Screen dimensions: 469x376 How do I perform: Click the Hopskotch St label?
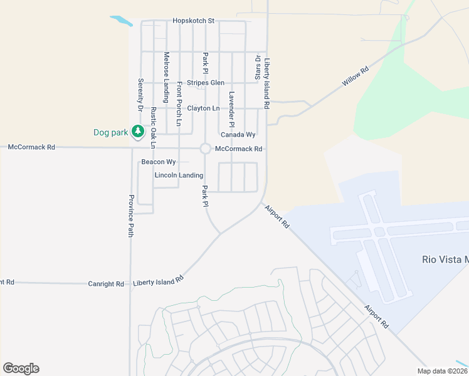[x=193, y=21]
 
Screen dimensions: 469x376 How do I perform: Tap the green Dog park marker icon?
[x=138, y=132]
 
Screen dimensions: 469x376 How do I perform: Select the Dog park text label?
[x=110, y=132]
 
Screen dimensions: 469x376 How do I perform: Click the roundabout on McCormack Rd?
[x=205, y=149]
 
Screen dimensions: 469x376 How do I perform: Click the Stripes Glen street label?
[x=205, y=83]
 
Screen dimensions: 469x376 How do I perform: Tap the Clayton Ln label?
[x=207, y=108]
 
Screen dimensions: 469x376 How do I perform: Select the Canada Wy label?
[x=238, y=135]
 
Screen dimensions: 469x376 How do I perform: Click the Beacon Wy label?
[x=158, y=162]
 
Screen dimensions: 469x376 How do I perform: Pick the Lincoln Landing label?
[x=179, y=175]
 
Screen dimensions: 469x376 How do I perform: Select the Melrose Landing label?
[x=166, y=76]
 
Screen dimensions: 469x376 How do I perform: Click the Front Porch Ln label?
[x=179, y=103]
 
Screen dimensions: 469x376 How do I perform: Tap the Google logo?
[x=21, y=368]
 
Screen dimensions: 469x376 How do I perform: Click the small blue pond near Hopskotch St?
[x=122, y=21]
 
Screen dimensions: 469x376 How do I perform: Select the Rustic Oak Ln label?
[x=152, y=128]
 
